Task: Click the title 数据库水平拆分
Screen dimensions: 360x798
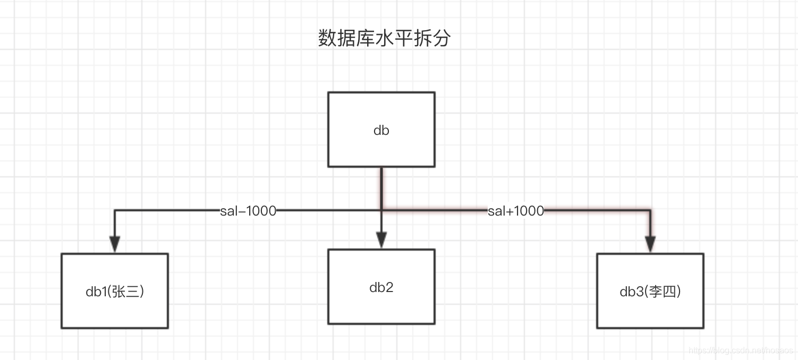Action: (384, 39)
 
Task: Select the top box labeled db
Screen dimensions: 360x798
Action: (381, 130)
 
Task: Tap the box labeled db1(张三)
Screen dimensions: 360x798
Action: (115, 291)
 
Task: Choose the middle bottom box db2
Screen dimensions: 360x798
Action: (381, 287)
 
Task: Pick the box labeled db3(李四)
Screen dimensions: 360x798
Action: (650, 291)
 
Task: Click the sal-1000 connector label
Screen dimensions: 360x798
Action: (248, 211)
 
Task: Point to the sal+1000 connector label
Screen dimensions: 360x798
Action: (516, 211)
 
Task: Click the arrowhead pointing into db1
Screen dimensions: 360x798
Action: (115, 244)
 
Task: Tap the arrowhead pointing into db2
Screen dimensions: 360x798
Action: (381, 241)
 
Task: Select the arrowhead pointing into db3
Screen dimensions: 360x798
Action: (650, 244)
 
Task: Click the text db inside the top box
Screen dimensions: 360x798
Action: (381, 130)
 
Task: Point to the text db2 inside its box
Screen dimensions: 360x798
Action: (381, 287)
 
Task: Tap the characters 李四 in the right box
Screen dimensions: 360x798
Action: (663, 292)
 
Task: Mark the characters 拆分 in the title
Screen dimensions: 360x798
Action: (428, 39)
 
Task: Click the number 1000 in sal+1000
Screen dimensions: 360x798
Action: (529, 211)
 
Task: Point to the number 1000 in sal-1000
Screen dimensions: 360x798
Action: (261, 211)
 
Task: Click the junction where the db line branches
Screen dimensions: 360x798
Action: (381, 211)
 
